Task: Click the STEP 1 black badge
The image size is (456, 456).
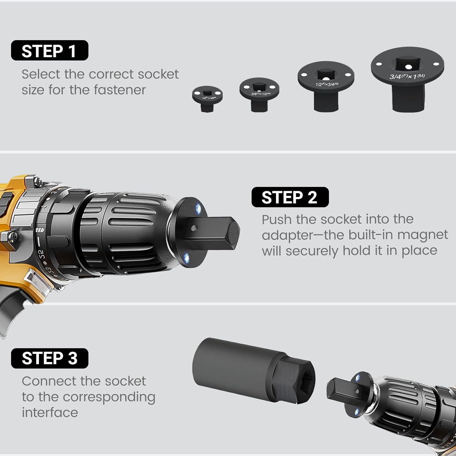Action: pyautogui.click(x=50, y=50)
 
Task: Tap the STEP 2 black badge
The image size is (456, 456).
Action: pyautogui.click(x=290, y=197)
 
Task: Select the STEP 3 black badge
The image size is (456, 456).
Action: pyautogui.click(x=50, y=358)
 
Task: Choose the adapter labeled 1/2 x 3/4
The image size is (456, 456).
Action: pyautogui.click(x=326, y=87)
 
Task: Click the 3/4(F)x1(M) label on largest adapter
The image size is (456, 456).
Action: pyautogui.click(x=407, y=76)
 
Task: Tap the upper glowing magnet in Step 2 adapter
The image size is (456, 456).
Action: pyautogui.click(x=198, y=208)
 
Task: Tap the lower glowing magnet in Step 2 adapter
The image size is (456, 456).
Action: pyautogui.click(x=186, y=258)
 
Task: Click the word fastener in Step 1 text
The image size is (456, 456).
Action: pyautogui.click(x=120, y=90)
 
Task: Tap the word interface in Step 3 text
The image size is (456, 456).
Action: pyautogui.click(x=50, y=413)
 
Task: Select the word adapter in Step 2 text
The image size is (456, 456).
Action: pyautogui.click(x=287, y=235)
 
